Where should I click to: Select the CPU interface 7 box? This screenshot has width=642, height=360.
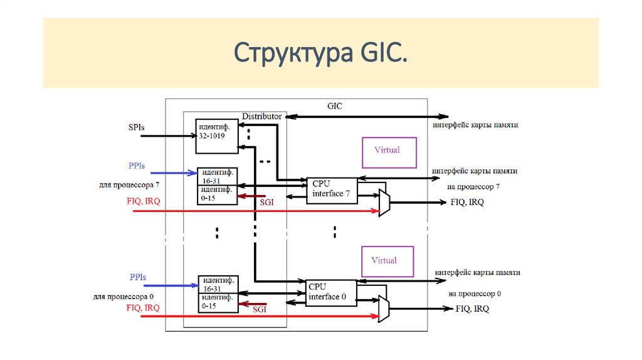coord(332,189)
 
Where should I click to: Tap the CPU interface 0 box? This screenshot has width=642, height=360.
coord(332,292)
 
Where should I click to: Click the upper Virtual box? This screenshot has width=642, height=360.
coord(389,152)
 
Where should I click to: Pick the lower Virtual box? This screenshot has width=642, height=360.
coord(389,260)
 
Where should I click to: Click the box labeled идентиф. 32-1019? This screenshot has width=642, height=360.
coord(216,135)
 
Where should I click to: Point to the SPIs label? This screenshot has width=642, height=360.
coord(135,127)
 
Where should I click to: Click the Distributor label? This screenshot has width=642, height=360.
coord(262,116)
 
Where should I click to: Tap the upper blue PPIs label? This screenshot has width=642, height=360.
coord(137,166)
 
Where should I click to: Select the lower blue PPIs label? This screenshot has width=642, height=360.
coord(137,277)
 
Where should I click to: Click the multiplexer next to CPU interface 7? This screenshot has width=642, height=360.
coord(384,203)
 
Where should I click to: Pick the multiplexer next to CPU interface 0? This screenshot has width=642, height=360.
coord(384,309)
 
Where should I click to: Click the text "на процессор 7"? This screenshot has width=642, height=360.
coord(474,186)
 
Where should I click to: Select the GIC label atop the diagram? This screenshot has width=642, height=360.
coord(335,106)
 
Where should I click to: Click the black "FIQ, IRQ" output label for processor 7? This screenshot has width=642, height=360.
coord(466,203)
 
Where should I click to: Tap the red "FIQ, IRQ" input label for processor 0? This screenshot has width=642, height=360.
coord(143,308)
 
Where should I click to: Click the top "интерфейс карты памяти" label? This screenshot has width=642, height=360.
coord(475,125)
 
